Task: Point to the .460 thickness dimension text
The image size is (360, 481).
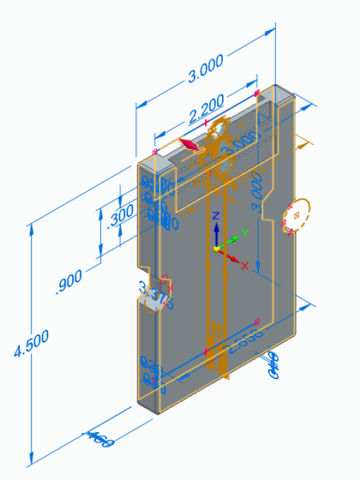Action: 99,438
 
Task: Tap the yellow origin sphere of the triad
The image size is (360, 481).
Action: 216,249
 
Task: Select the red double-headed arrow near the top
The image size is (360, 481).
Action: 188,143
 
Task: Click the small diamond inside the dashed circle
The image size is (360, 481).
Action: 297,215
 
